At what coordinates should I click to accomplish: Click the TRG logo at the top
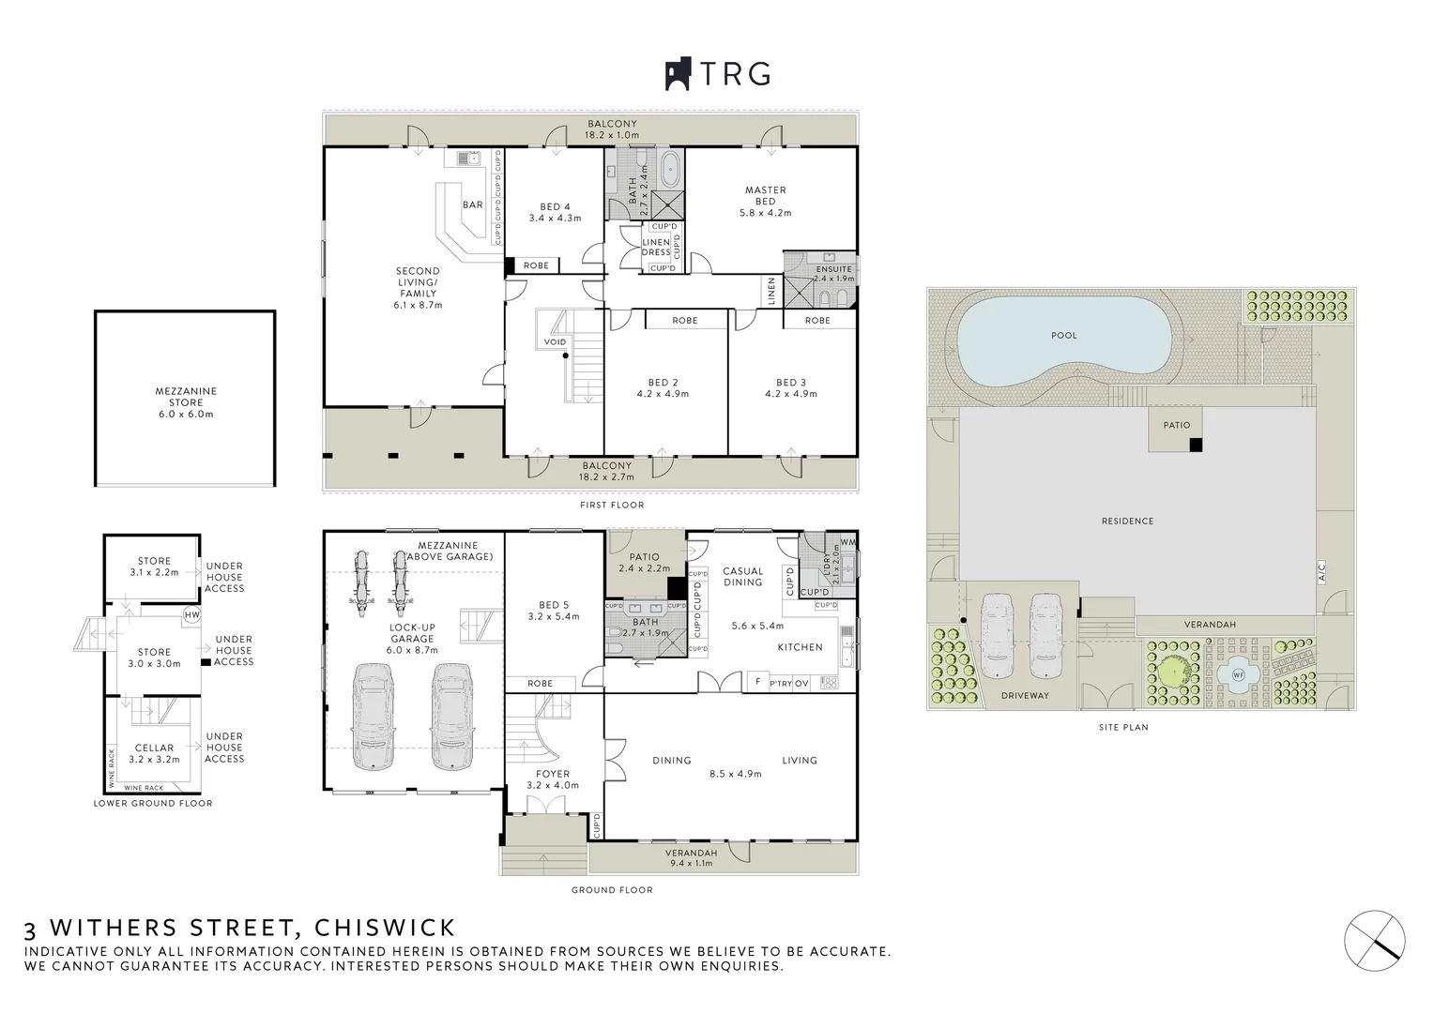pos(718,73)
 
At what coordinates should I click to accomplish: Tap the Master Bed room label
pos(765,195)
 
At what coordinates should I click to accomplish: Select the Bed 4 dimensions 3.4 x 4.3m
pos(555,219)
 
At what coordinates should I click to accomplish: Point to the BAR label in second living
pos(472,204)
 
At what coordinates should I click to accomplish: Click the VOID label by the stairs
pos(555,342)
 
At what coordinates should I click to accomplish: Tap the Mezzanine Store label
pos(186,397)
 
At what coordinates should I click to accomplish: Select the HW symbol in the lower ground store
pos(192,615)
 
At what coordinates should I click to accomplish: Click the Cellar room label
pos(154,748)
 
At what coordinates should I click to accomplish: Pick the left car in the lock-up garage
pos(372,717)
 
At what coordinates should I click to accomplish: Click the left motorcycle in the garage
pos(359,578)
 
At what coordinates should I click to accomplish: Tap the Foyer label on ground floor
pos(553,775)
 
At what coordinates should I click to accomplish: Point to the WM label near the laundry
pos(848,542)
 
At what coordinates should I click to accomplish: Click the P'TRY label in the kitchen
pos(781,684)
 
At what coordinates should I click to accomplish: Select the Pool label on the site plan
pos(1064,335)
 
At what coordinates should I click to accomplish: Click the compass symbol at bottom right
pos(1375,936)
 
